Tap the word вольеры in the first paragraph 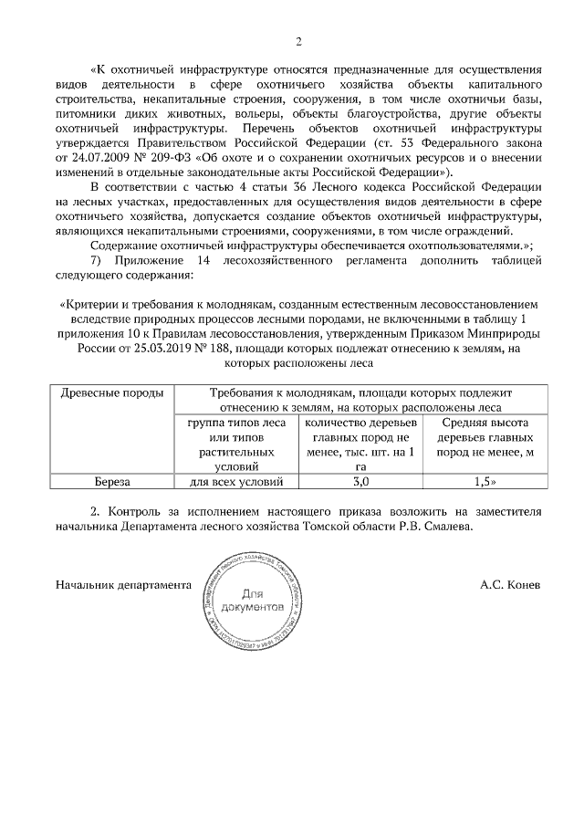[264, 113]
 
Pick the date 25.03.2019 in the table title [172, 347]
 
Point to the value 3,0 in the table [360, 481]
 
